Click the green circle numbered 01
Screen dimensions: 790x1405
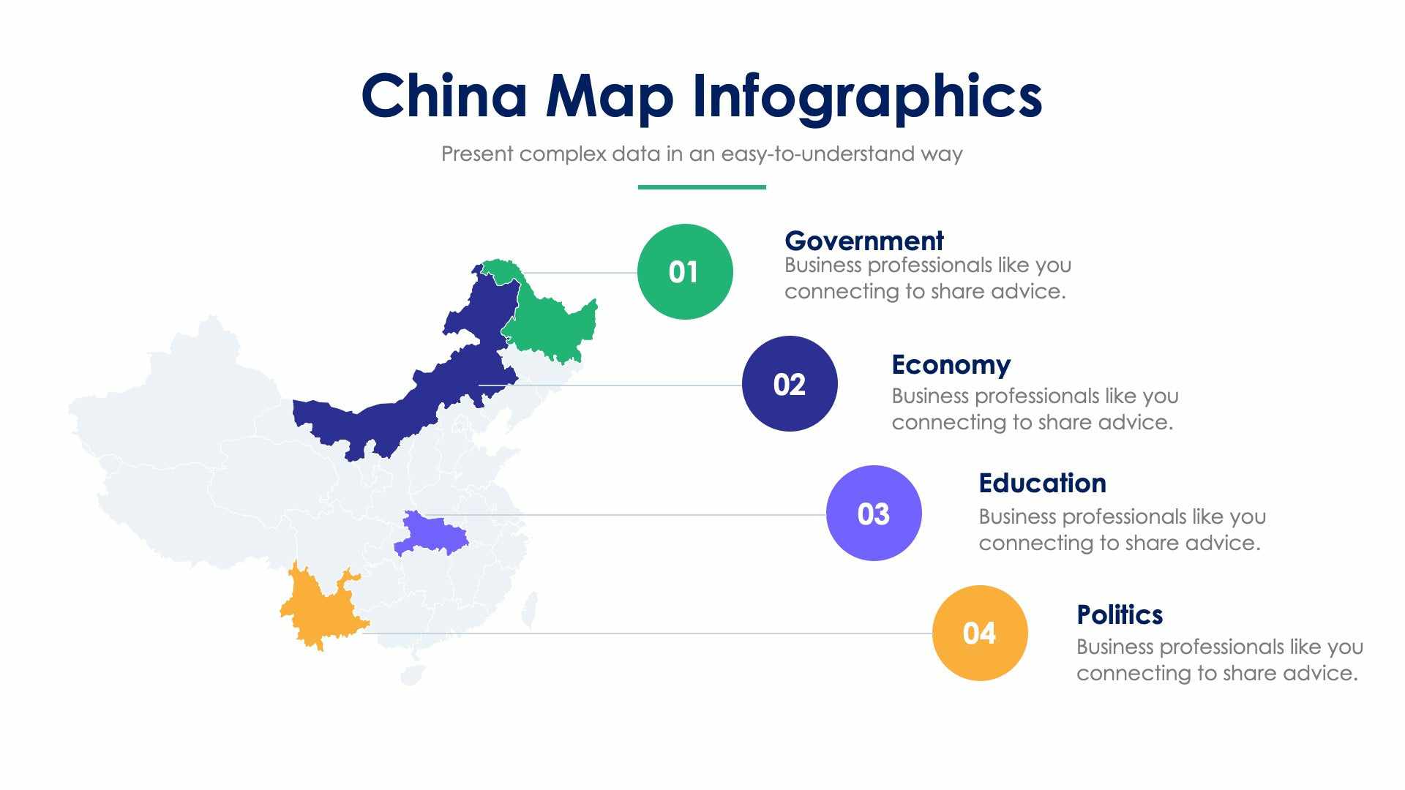(684, 271)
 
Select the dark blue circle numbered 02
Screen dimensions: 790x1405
(789, 383)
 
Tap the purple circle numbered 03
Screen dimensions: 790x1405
(873, 513)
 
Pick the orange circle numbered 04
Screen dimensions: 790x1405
(979, 633)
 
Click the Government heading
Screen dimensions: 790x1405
(863, 241)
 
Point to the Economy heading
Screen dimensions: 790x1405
(951, 364)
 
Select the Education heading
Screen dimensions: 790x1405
(1042, 483)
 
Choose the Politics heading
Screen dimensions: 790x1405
(1119, 614)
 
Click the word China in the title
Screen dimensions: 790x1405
(443, 96)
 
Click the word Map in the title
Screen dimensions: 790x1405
(609, 96)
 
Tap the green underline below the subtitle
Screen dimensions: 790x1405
(701, 187)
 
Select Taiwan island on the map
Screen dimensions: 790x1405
(529, 611)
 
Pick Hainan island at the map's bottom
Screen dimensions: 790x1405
(412, 674)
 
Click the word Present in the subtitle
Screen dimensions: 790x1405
(477, 154)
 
